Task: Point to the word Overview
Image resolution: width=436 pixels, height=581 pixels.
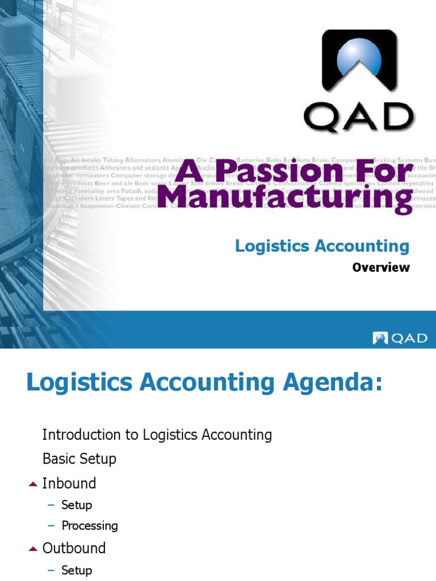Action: tap(380, 267)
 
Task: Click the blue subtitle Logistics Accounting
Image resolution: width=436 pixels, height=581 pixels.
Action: tap(322, 246)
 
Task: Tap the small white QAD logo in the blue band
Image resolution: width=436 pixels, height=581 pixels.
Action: tap(400, 338)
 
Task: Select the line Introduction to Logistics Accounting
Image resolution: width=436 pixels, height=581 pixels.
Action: tap(157, 435)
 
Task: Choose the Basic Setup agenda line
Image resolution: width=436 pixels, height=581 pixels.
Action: tap(79, 458)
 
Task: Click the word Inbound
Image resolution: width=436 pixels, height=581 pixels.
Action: tap(69, 483)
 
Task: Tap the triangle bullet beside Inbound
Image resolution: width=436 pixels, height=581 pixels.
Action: tap(32, 484)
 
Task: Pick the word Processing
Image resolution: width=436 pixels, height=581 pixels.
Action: tap(90, 526)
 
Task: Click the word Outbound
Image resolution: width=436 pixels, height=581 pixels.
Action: tap(74, 548)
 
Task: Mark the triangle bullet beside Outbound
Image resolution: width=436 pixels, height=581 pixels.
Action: tap(32, 549)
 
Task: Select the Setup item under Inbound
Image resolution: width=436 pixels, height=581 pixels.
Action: tap(77, 504)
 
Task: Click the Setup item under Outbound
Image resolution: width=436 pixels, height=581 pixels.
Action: tap(77, 570)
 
